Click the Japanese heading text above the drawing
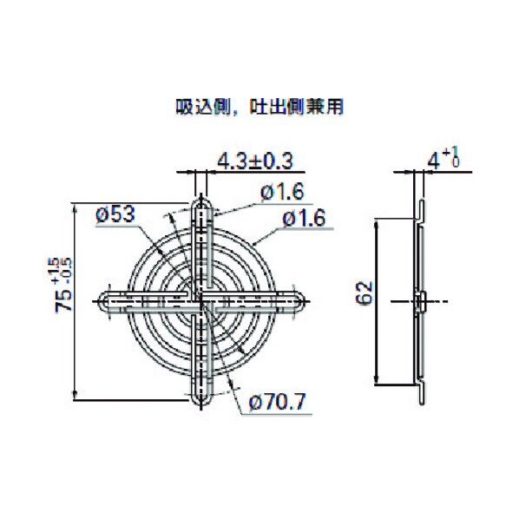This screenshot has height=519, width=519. tap(259, 108)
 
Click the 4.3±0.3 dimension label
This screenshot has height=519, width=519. tap(254, 161)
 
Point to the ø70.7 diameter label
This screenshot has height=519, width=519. tap(277, 403)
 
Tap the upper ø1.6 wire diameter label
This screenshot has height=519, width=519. tap(280, 192)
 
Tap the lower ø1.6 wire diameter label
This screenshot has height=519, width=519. tap(305, 220)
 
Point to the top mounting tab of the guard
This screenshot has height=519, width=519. tap(200, 208)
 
